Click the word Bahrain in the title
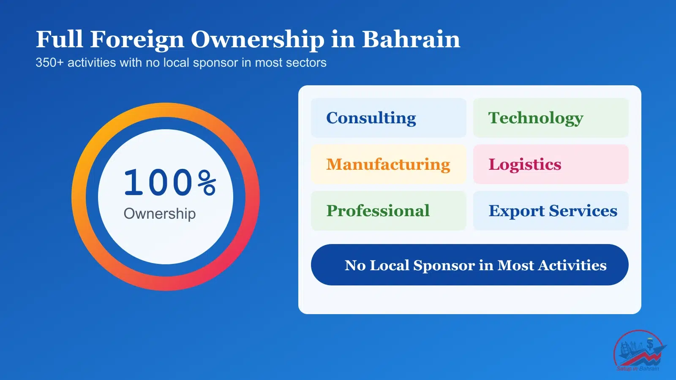pyautogui.click(x=411, y=39)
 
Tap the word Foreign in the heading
pyautogui.click(x=137, y=40)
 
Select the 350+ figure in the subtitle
pyautogui.click(x=49, y=62)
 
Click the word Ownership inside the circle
pyautogui.click(x=160, y=214)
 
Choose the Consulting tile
pyautogui.click(x=388, y=118)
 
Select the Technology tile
pyautogui.click(x=551, y=118)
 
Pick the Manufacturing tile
pyautogui.click(x=388, y=164)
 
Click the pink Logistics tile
pyautogui.click(x=551, y=164)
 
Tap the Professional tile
pyautogui.click(x=388, y=211)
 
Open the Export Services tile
pyautogui.click(x=551, y=211)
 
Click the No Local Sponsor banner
pyautogui.click(x=469, y=265)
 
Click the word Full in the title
pyautogui.click(x=59, y=39)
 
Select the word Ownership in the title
pyautogui.click(x=258, y=40)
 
